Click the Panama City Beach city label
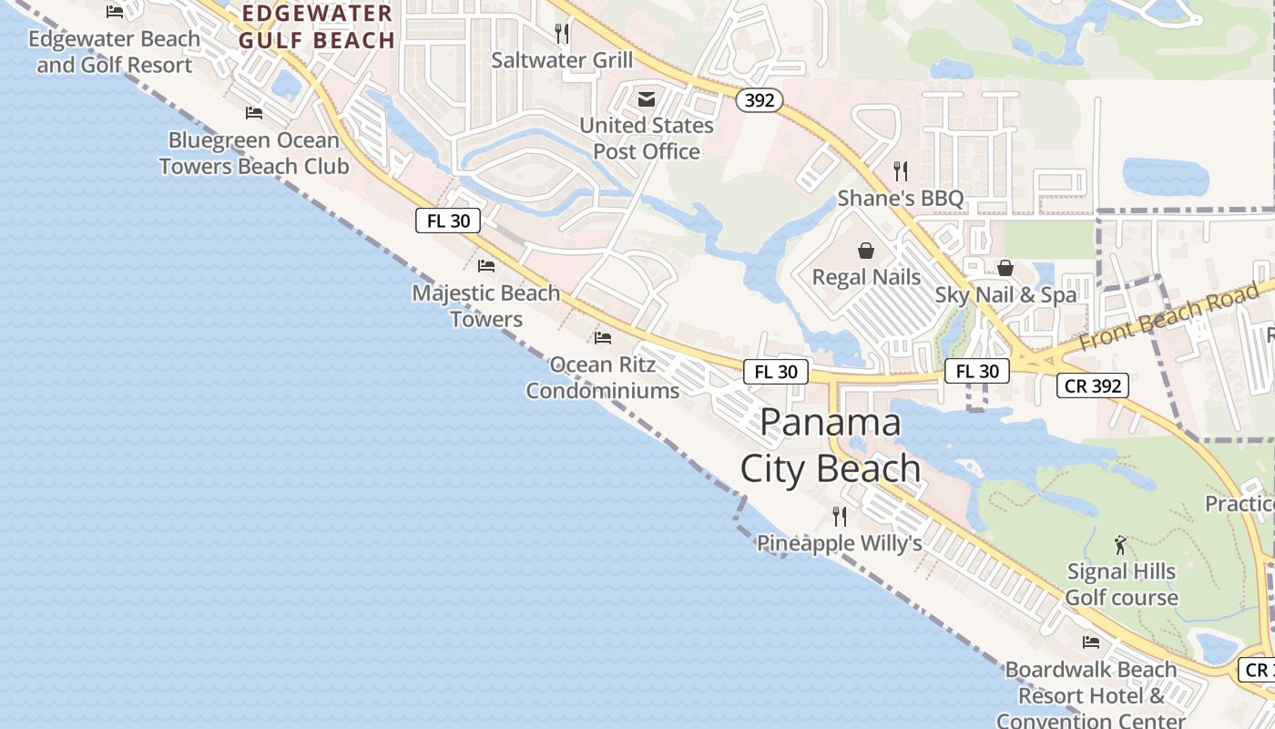tap(830, 446)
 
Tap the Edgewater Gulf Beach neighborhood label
tap(316, 27)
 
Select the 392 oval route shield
tap(759, 100)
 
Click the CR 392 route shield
tap(1093, 385)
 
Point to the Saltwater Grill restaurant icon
tap(562, 34)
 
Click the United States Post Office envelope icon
tap(647, 98)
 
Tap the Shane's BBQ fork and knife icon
tap(900, 170)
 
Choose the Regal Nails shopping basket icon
tap(866, 250)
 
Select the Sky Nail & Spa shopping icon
tap(1005, 268)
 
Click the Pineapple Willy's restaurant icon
tap(840, 517)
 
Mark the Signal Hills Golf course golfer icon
tap(1120, 545)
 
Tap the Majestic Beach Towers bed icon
tap(486, 266)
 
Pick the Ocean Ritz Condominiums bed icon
tap(602, 338)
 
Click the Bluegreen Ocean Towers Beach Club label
tap(254, 153)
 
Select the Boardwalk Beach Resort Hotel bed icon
tap(1091, 642)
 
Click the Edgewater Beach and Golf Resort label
tap(114, 52)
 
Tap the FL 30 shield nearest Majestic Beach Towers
tap(448, 221)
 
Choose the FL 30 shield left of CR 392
tap(977, 371)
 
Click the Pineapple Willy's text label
tap(840, 544)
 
